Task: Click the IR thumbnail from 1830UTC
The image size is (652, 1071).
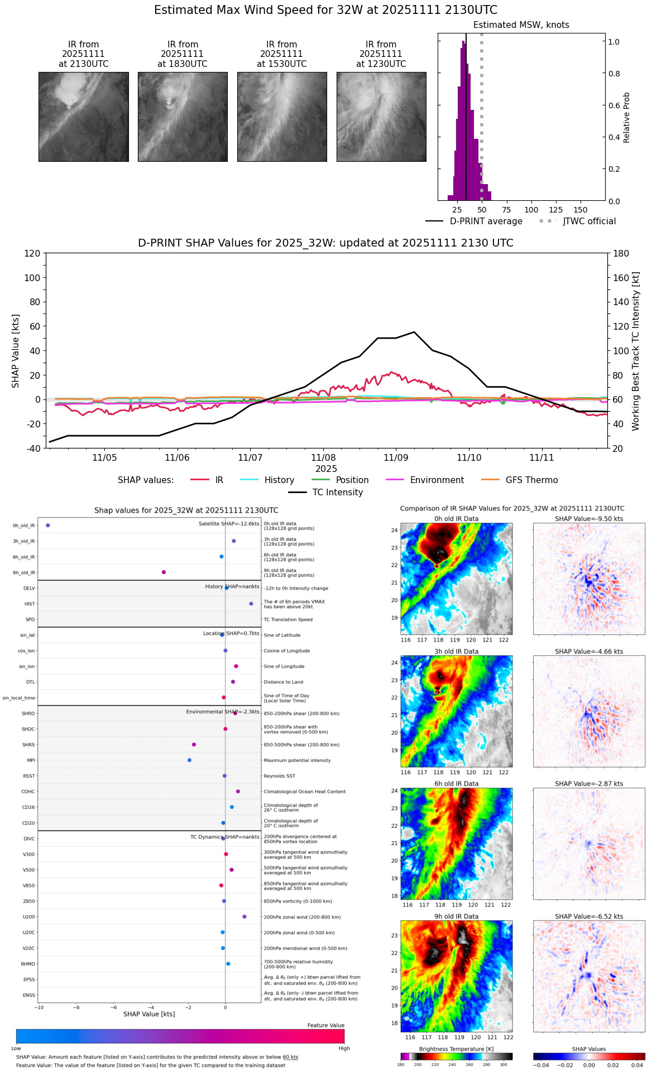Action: (x=183, y=117)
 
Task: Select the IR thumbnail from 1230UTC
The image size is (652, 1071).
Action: (x=381, y=117)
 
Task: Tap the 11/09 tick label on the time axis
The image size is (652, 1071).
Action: (x=396, y=458)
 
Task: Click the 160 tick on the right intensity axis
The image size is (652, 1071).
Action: (x=621, y=278)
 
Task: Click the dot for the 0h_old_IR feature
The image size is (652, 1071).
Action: (x=48, y=525)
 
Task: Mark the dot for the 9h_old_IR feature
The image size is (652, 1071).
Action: (x=164, y=572)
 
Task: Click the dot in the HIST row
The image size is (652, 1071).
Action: (x=251, y=604)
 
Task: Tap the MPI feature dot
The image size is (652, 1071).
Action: (x=189, y=760)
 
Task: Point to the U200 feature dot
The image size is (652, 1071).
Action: (x=244, y=916)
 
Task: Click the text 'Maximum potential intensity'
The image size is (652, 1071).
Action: (x=297, y=760)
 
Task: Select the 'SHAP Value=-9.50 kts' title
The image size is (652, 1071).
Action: (x=589, y=519)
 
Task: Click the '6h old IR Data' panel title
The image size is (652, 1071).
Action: (x=456, y=784)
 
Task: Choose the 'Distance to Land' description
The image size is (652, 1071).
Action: (x=283, y=682)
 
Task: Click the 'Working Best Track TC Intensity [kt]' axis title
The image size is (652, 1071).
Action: (x=636, y=351)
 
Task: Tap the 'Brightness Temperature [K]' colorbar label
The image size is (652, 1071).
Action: (x=456, y=1049)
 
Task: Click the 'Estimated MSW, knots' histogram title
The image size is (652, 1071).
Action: (x=521, y=25)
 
